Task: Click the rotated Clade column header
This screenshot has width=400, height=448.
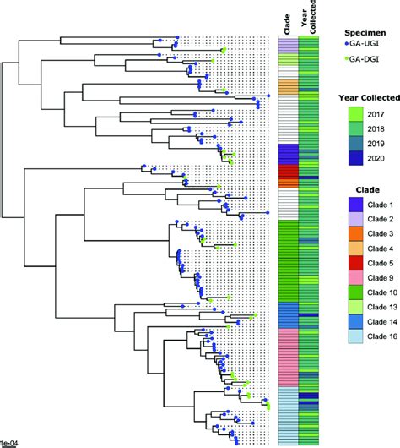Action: click(x=287, y=25)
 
